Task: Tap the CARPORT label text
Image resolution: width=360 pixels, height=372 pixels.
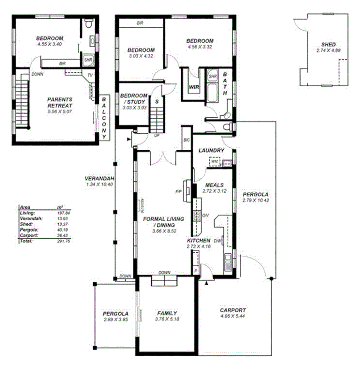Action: point(232,309)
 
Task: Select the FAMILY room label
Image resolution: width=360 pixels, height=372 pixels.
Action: point(167,313)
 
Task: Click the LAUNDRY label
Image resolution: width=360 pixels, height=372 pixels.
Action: point(211,150)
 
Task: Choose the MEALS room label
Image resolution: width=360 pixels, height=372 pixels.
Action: point(214,184)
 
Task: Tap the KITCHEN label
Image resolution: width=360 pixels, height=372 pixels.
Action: point(199,241)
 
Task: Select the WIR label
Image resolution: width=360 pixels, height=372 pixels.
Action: point(194,87)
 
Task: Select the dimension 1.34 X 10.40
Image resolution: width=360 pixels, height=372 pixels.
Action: point(99,184)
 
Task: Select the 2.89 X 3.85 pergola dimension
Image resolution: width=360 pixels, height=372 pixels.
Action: point(115,320)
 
